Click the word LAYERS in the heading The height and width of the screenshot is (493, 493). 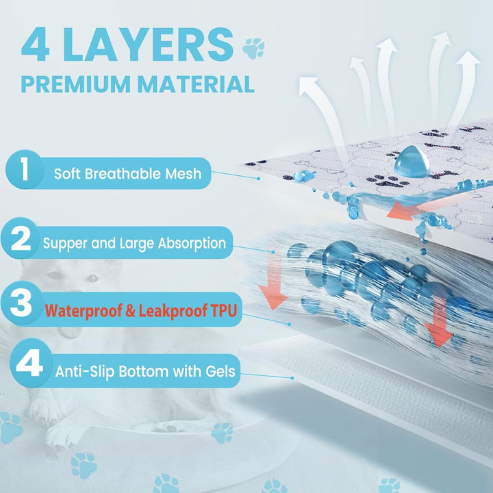point(148,45)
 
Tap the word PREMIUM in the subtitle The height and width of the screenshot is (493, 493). point(76,84)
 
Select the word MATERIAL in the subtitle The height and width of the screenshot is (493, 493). point(196,84)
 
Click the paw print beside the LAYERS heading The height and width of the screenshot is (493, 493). point(253,48)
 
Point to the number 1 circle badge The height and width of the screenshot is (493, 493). point(25,170)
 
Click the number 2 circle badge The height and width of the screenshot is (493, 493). point(21,238)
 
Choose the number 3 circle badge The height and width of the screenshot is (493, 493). point(21,303)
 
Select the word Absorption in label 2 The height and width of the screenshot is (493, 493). point(192,244)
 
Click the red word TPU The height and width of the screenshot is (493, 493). point(223,311)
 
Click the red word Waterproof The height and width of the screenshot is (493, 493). point(84,311)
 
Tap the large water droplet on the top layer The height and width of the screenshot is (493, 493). point(412,161)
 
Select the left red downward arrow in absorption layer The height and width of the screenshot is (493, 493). point(273,281)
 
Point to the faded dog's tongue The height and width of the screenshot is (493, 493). point(70,332)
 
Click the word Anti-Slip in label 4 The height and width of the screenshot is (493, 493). point(85,372)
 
